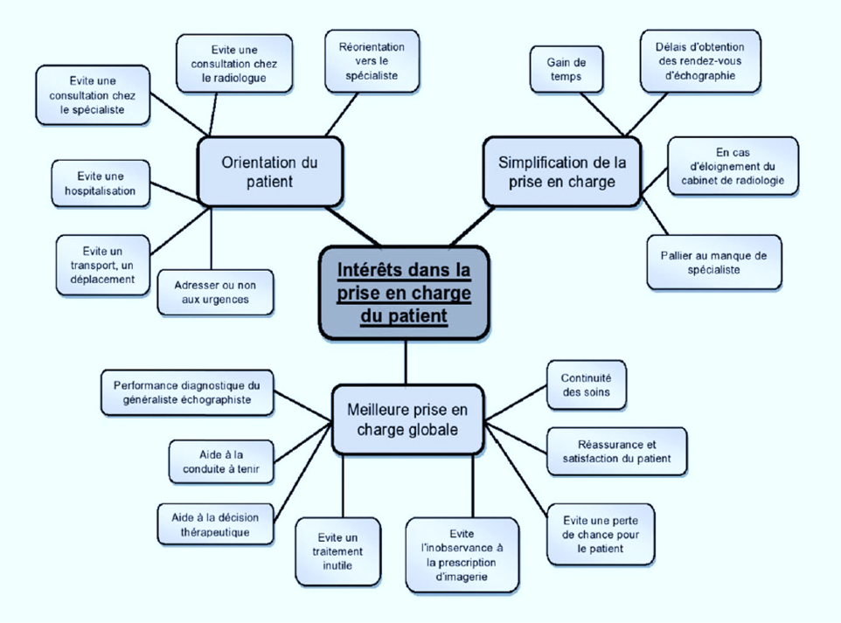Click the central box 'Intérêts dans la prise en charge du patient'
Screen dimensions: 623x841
click(404, 292)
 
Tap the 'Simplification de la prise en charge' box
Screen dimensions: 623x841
click(562, 171)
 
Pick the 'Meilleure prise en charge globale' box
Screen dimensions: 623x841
click(407, 419)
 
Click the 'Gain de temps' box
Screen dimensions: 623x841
click(566, 69)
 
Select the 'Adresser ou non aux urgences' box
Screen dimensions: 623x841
click(216, 292)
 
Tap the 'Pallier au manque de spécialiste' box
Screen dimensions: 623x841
click(713, 262)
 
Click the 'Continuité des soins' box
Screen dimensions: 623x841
click(587, 385)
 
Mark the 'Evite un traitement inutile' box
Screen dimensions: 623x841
click(337, 551)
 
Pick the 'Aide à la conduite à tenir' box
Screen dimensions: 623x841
click(215, 461)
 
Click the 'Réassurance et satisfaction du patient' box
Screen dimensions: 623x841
click(616, 451)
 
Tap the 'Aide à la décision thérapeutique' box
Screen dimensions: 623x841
click(215, 523)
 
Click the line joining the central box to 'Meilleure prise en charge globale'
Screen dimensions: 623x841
click(407, 362)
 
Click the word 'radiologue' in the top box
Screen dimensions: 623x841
click(233, 79)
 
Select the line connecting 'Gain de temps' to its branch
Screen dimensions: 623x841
click(602, 114)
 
